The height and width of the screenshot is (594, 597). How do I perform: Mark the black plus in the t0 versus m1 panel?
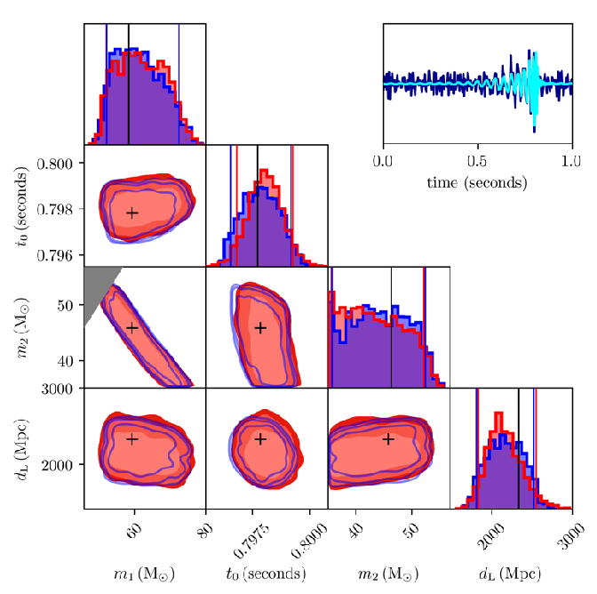click(132, 213)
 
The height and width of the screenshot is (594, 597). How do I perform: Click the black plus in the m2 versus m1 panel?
click(132, 327)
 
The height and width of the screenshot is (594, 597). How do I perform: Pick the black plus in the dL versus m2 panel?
click(388, 438)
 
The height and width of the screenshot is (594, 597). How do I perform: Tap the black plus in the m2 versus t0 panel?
click(260, 327)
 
